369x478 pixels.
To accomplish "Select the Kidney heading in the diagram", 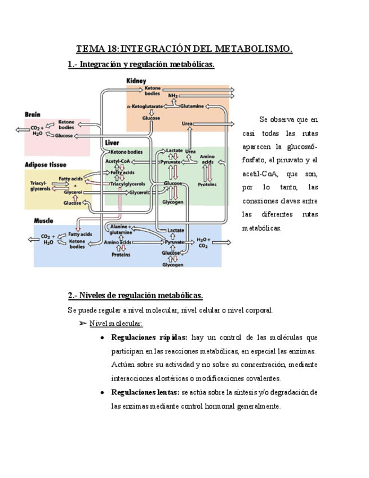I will [136, 81].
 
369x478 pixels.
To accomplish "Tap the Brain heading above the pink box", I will [33, 114].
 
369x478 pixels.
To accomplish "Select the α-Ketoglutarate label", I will [145, 106].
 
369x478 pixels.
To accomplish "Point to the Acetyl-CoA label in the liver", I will [118, 161].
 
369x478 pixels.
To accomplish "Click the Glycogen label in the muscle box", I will [173, 265].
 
